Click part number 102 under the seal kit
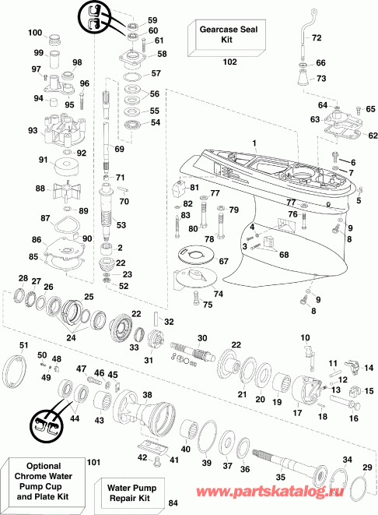pos(229,61)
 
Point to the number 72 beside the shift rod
pos(316,37)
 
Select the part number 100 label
pos(35,33)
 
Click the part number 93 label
pos(33,130)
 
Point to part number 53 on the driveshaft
pos(121,225)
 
